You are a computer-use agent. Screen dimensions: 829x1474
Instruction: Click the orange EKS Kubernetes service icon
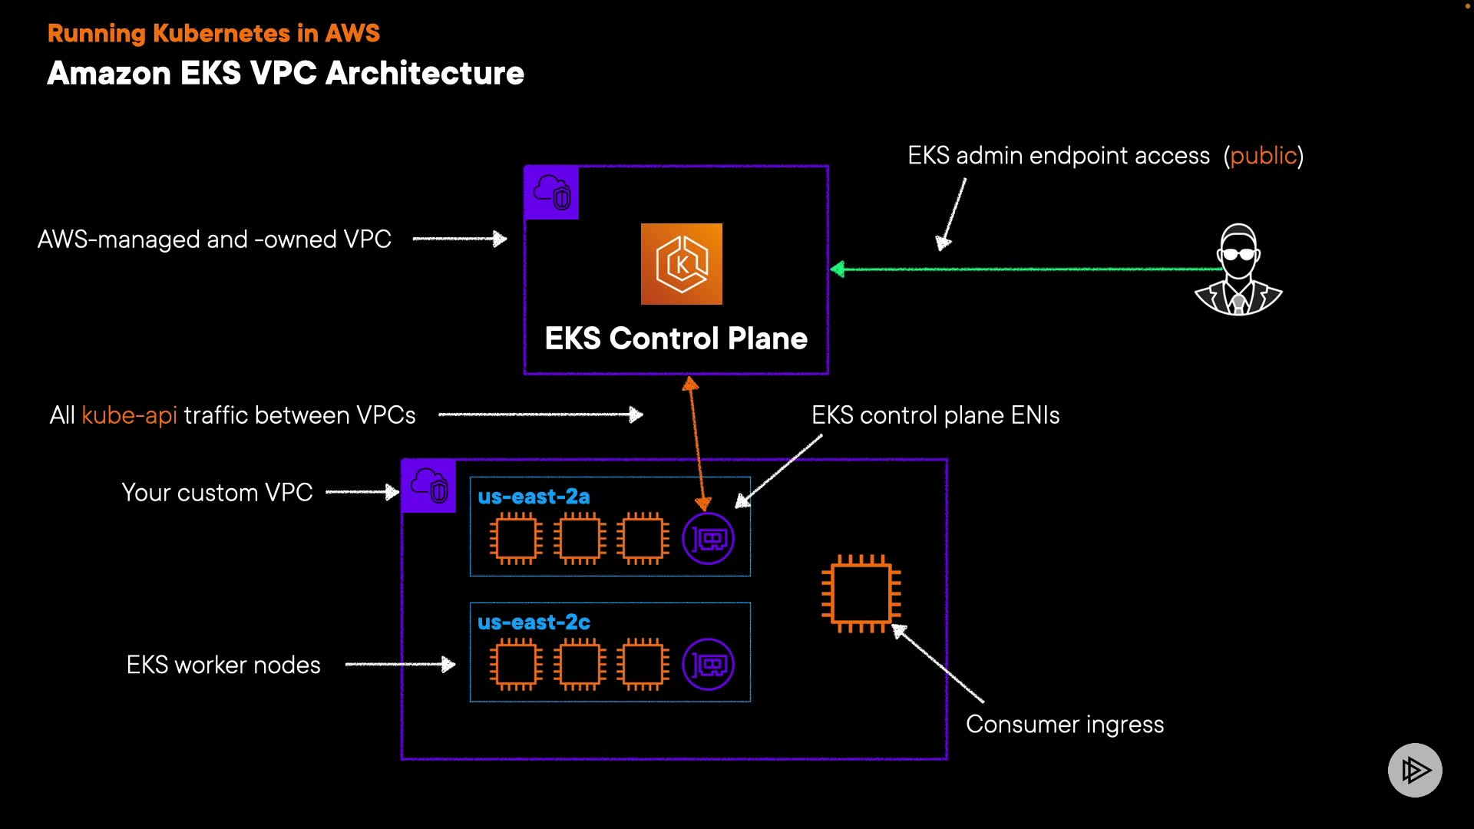682,264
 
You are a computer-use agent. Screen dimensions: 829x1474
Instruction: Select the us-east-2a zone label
534,497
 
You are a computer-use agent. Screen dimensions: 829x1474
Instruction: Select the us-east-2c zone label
534,623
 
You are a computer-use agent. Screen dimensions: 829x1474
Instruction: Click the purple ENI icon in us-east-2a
708,539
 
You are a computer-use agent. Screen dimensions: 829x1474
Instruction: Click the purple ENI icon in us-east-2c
708,665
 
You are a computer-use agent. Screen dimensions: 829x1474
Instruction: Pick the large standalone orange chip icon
861,593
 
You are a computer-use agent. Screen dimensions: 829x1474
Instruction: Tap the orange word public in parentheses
1263,156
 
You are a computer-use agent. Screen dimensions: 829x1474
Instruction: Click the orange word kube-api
129,415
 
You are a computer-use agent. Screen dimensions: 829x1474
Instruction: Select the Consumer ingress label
1065,725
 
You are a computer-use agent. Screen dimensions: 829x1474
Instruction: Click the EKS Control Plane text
676,339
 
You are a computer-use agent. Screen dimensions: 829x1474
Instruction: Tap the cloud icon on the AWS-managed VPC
552,193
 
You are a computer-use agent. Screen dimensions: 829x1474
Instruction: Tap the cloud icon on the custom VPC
429,486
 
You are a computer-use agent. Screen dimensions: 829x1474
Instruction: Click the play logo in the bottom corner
1415,770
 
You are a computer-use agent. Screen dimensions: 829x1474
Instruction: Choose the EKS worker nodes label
223,665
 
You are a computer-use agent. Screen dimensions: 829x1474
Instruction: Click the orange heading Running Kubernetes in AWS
213,33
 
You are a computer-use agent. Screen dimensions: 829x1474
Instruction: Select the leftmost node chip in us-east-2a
516,539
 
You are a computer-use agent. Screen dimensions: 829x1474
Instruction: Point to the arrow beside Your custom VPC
362,492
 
